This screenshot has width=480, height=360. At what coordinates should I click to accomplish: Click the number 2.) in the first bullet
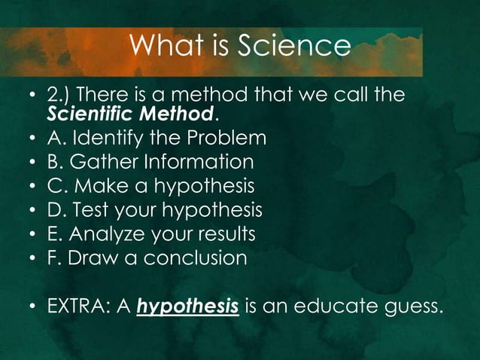[x=59, y=96]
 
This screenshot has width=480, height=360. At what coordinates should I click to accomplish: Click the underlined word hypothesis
[x=188, y=307]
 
